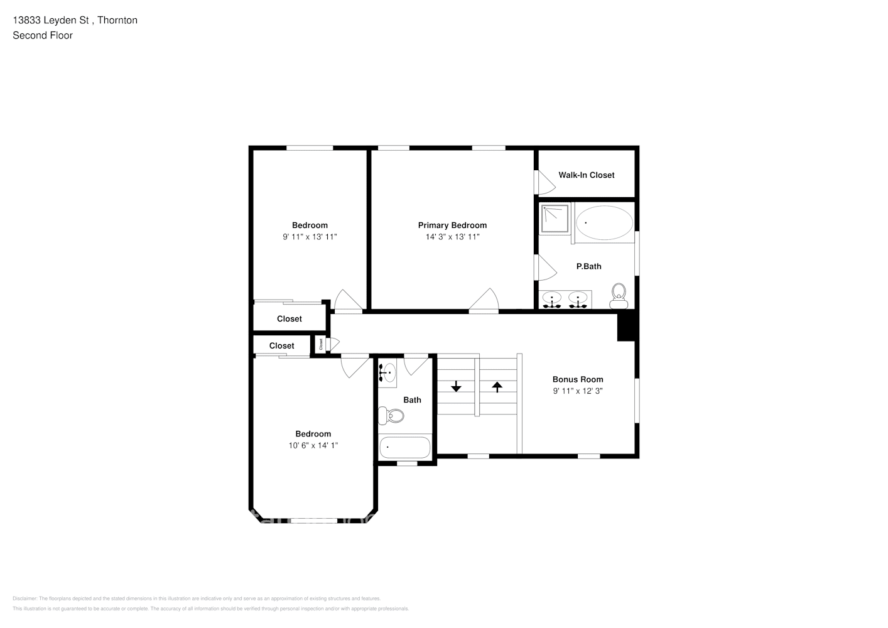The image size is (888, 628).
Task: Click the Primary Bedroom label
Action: click(x=452, y=225)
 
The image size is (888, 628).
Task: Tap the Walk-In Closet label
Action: click(x=586, y=175)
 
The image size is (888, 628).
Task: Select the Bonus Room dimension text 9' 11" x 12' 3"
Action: click(x=578, y=391)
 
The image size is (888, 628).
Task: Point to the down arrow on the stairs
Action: click(x=456, y=387)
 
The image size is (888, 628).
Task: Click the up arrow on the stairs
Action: click(x=497, y=387)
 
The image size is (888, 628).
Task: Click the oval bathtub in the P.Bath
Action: click(x=604, y=223)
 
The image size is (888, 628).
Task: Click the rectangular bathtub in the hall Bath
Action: click(x=405, y=448)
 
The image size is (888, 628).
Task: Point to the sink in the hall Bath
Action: click(x=387, y=372)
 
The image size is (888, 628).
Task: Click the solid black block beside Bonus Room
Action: click(x=627, y=327)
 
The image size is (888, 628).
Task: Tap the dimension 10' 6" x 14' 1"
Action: click(x=313, y=445)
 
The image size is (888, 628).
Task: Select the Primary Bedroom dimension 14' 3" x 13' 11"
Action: click(x=452, y=237)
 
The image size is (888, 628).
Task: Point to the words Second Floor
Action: click(x=43, y=35)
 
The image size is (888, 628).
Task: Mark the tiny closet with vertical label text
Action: click(x=321, y=344)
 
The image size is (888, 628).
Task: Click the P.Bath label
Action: click(x=588, y=266)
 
